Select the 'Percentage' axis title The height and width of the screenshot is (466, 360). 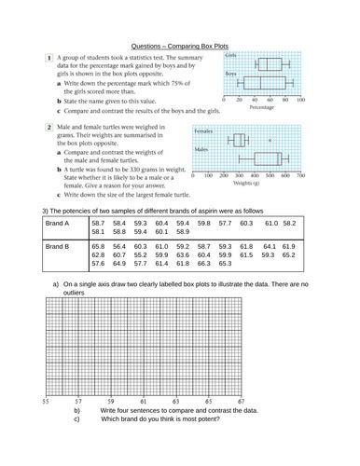(x=263, y=107)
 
